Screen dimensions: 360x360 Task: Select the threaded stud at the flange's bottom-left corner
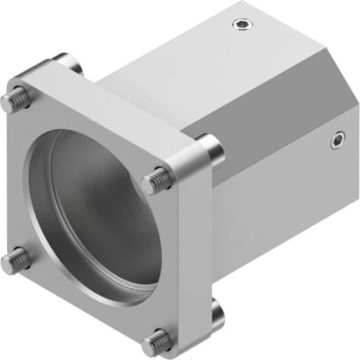click(11, 263)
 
